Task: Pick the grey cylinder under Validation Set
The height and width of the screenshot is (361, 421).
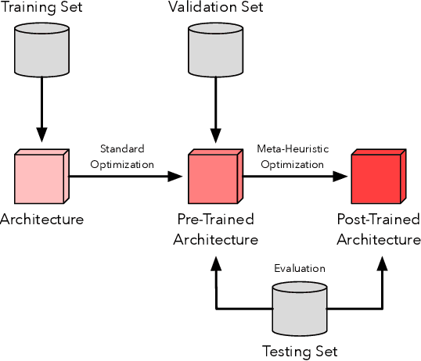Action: point(212,48)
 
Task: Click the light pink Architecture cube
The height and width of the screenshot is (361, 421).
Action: point(40,177)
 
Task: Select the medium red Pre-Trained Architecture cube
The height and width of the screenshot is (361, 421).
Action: point(212,177)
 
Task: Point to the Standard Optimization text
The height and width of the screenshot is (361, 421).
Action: point(122,156)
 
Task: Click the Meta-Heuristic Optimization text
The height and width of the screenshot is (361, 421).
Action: point(290,156)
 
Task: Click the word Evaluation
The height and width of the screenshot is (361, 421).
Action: point(299,269)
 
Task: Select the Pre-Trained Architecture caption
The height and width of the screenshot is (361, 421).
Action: point(216,229)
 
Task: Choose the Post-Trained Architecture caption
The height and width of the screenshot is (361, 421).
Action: point(379,229)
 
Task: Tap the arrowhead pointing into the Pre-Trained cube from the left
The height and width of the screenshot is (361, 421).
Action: point(175,177)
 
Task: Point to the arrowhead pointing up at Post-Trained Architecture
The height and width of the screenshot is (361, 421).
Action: point(382,265)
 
